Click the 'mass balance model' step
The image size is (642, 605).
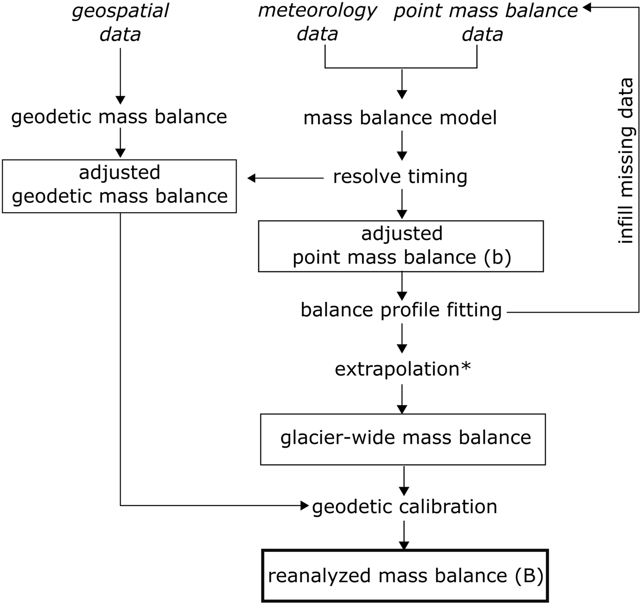point(400,118)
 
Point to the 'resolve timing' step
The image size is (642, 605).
point(400,177)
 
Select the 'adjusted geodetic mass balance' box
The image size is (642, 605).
point(119,186)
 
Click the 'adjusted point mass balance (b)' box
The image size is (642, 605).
point(401,246)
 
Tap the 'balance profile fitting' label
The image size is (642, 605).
point(401,310)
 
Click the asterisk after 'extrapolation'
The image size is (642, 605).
point(466,367)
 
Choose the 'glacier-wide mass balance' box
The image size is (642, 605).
point(403,439)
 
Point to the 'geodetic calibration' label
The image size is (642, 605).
point(404,507)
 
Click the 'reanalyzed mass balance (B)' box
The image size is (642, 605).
point(405,576)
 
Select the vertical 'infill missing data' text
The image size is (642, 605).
point(626,160)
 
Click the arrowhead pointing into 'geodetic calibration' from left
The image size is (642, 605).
point(305,506)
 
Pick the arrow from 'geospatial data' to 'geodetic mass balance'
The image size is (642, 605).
point(120,76)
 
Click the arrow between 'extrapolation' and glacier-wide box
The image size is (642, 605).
point(402,399)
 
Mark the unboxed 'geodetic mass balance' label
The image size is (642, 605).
point(119,117)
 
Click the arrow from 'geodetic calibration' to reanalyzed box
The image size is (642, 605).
point(404,535)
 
